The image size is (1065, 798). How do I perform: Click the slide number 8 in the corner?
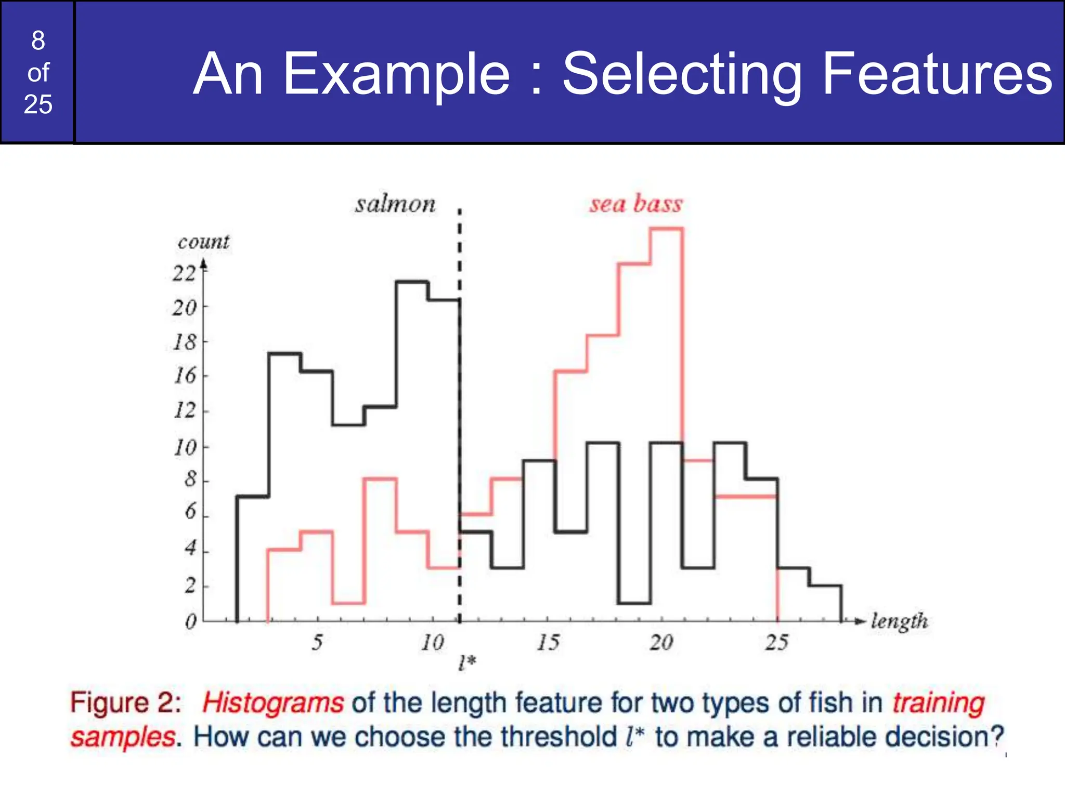pos(38,41)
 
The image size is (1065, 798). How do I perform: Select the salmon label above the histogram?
pos(395,204)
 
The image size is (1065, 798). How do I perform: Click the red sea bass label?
pos(635,204)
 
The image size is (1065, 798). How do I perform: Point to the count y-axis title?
pos(203,242)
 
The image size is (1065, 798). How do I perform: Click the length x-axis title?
pos(899,621)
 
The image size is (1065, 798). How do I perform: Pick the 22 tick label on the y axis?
pos(184,273)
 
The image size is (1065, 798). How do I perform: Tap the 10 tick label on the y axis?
pos(185,447)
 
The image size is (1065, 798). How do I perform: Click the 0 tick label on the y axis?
pos(191,621)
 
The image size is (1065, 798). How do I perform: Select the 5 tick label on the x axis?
pos(317,643)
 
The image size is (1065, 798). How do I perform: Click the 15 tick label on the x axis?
pos(548,643)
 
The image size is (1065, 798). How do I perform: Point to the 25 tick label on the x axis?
pos(776,643)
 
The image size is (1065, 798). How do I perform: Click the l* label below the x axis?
pos(467,662)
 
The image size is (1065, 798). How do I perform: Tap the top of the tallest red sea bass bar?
pos(666,229)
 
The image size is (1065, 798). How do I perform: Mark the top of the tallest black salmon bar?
pos(412,282)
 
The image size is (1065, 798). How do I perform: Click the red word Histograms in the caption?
pos(273,703)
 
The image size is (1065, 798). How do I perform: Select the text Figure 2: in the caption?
pos(125,703)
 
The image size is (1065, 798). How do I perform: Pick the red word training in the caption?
pos(939,703)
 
